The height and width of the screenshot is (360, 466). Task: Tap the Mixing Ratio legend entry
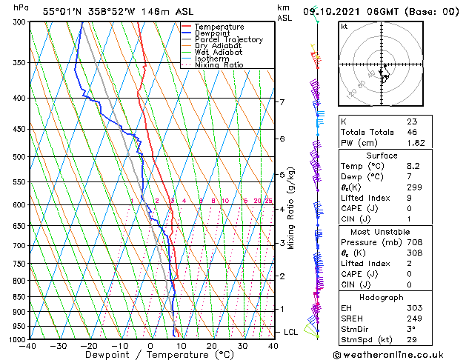point(219,65)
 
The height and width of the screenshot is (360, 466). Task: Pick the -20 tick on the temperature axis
point(89,346)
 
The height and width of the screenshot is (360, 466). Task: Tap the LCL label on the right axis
point(291,332)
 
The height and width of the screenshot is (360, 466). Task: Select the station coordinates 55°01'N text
point(63,11)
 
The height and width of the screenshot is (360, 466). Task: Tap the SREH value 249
point(413,319)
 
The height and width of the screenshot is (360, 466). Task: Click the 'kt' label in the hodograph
point(344,27)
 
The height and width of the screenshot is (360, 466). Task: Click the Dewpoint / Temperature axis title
point(150,355)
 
